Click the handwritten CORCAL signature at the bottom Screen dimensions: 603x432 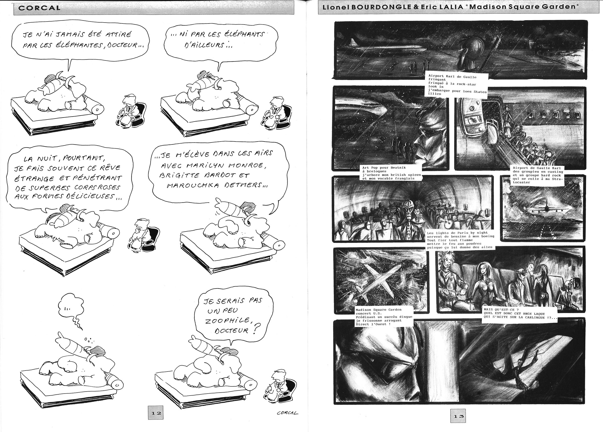tap(287, 413)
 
